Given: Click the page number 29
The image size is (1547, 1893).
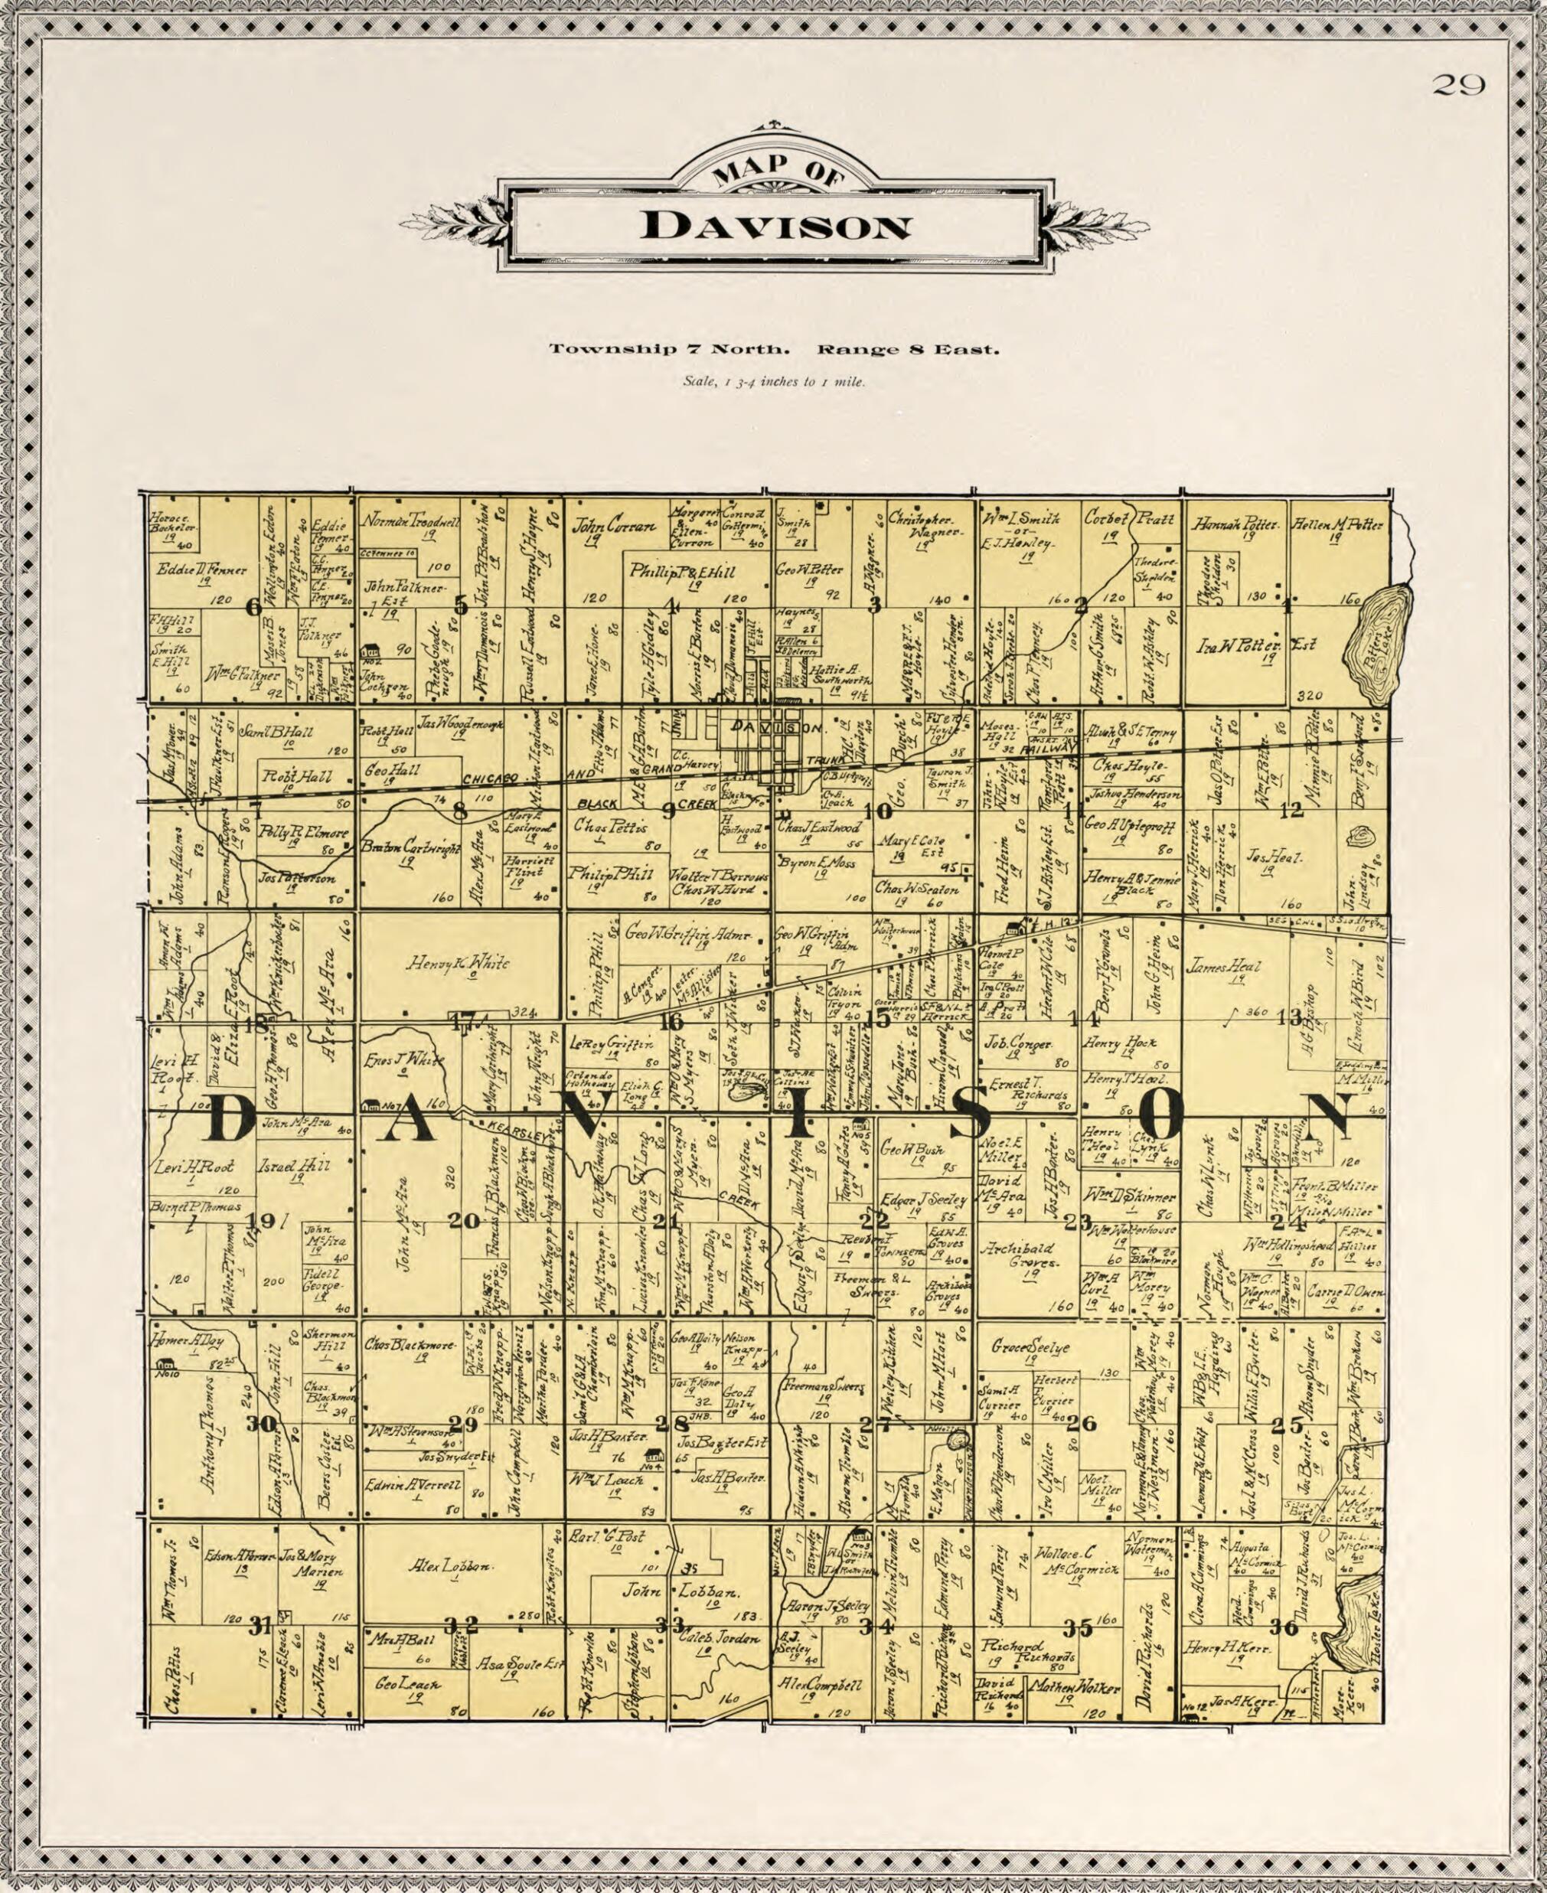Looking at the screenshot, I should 1458,86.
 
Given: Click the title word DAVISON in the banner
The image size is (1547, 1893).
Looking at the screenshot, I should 775,227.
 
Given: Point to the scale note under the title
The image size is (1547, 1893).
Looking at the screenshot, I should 773,382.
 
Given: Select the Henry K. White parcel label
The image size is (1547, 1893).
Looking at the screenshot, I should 459,964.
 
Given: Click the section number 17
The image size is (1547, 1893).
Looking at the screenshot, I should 463,1024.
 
